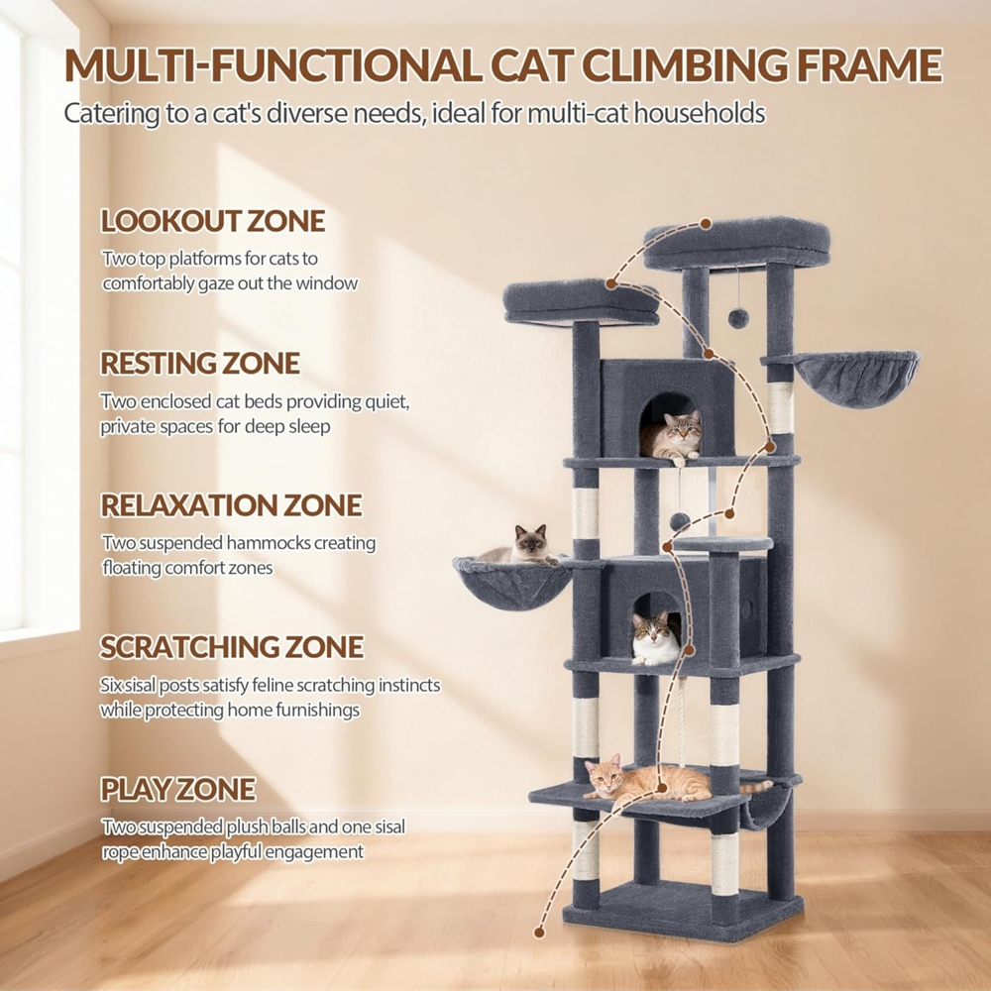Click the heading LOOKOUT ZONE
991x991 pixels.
coord(213,221)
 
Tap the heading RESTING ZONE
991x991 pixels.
coord(200,364)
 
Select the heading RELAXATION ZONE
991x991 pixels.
coord(231,505)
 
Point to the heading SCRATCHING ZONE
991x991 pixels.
coord(232,646)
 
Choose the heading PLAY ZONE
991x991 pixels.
coord(178,789)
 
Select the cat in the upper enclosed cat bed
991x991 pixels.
coord(672,435)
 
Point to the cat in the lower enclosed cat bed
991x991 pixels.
coord(656,639)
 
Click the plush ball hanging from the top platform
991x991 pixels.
coord(737,318)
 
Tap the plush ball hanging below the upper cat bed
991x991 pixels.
coord(680,522)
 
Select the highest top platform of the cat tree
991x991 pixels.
coord(736,243)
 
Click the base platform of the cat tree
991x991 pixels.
coord(683,910)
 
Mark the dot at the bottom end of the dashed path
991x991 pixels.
coord(539,933)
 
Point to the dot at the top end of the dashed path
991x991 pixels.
coord(706,224)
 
